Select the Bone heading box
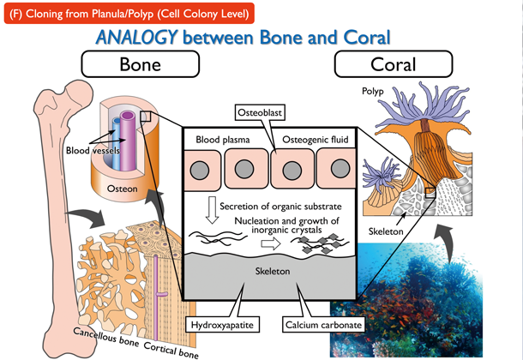tap(140, 65)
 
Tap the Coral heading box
tap(393, 65)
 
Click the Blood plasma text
tap(219, 137)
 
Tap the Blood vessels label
tap(90, 150)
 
